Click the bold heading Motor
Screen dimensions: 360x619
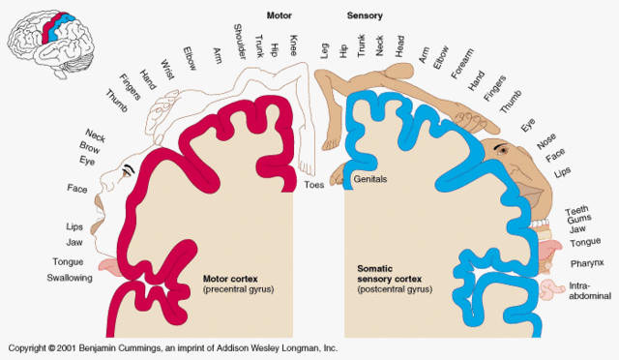[280, 15]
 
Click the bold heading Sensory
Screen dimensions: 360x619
[364, 15]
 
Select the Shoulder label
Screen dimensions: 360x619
[240, 45]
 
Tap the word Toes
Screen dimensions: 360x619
[313, 184]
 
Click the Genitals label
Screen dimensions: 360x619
[371, 180]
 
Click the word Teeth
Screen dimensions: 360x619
[576, 211]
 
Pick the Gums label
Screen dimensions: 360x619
[577, 221]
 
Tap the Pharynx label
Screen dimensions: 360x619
[585, 261]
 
